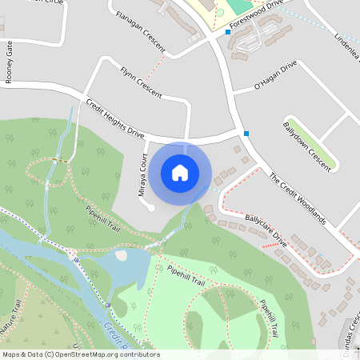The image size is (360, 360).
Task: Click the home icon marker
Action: pyautogui.click(x=180, y=172)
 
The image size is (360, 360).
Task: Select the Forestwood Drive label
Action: pyautogui.click(x=257, y=15)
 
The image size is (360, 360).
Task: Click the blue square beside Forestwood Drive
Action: pyautogui.click(x=228, y=32)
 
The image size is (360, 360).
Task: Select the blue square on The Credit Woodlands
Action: pyautogui.click(x=246, y=133)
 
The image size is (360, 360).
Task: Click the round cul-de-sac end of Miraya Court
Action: pyautogui.click(x=151, y=207)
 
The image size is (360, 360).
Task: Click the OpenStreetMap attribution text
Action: pyautogui.click(x=80, y=354)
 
